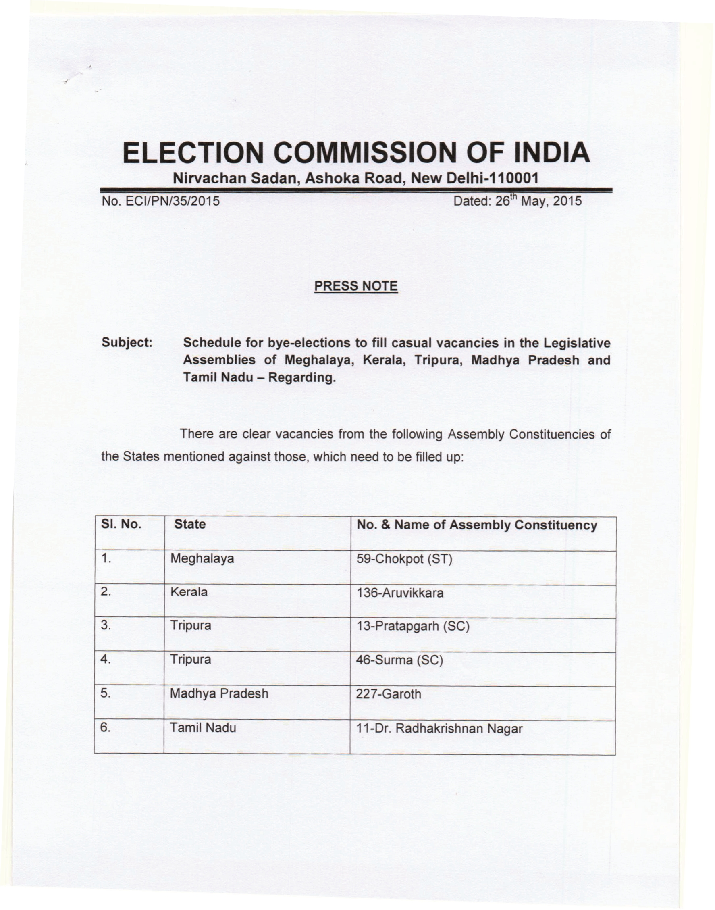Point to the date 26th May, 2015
tap(538, 201)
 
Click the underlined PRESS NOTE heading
tap(356, 286)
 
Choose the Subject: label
tap(127, 343)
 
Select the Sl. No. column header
tap(121, 524)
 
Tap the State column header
tap(190, 524)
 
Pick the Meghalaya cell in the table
tap(202, 559)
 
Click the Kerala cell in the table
tap(188, 592)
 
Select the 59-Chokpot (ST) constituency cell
tap(404, 559)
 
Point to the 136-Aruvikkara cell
tap(400, 593)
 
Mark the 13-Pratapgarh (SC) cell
tap(412, 626)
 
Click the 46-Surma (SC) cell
tap(399, 660)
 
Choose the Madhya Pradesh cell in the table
tap(218, 694)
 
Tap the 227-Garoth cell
tap(389, 694)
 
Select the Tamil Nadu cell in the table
tap(203, 728)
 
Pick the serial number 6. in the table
tap(106, 728)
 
